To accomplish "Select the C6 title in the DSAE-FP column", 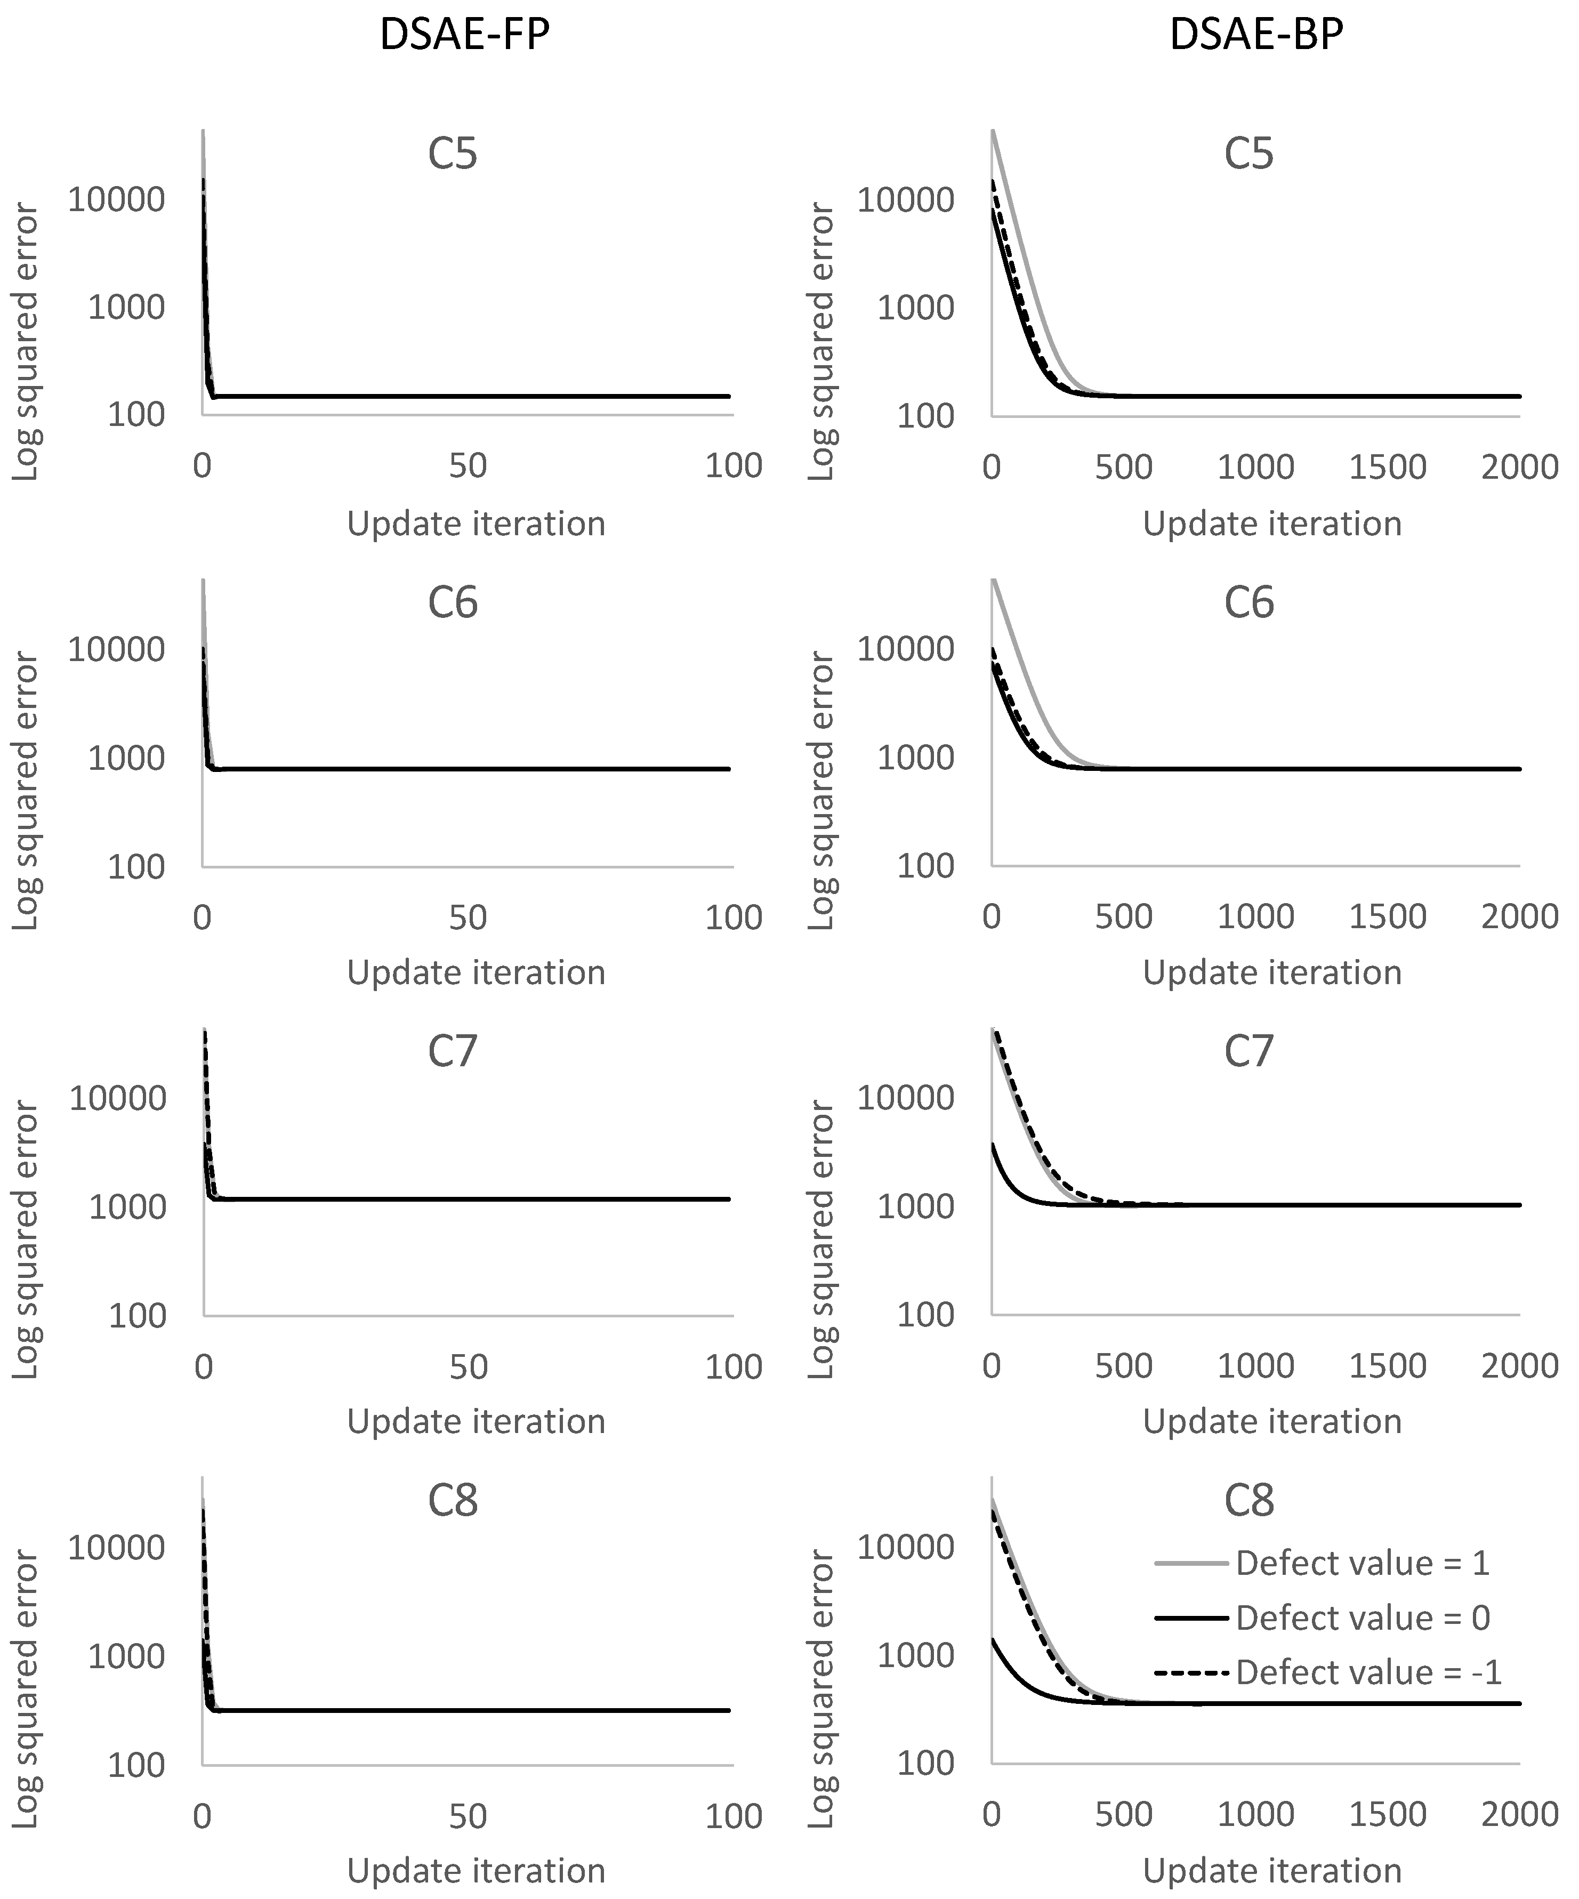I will coord(452,602).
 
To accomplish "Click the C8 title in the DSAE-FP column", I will coord(452,1501).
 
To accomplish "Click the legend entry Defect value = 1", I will coord(1362,1563).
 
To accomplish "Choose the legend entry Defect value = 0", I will coord(1362,1618).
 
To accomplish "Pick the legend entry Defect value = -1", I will coord(1368,1672).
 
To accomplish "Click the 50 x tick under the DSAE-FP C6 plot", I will coord(468,917).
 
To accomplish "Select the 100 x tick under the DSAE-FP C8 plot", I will coord(734,1816).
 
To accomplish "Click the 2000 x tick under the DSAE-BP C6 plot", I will coord(1519,917).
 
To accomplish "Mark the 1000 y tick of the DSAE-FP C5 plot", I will coord(127,308).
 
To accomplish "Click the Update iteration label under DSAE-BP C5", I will coord(1271,524).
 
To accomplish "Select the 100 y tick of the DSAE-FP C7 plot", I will coord(138,1315).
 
